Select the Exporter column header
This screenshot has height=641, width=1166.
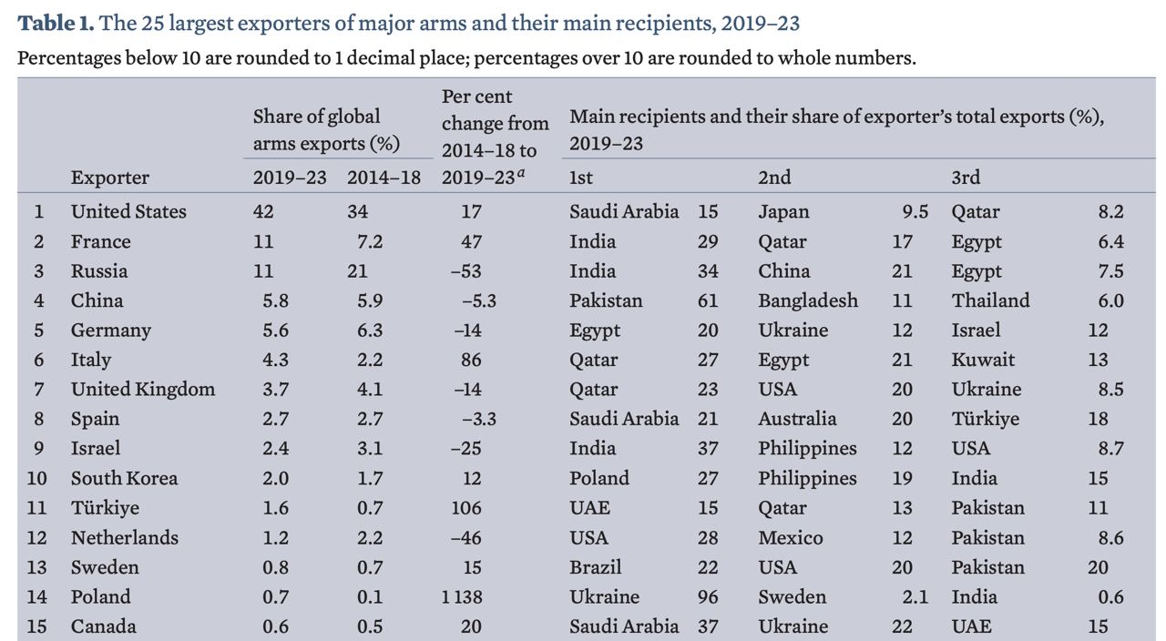tap(109, 178)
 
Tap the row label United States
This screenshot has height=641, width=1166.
tap(128, 211)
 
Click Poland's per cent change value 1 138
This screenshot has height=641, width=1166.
tap(462, 597)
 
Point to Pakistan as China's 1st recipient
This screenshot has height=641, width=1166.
tap(606, 300)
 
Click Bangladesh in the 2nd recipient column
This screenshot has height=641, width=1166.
tap(808, 300)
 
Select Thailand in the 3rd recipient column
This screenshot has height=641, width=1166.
tap(990, 300)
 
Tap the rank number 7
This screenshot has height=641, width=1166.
tap(38, 390)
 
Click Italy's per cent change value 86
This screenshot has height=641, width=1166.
tap(471, 360)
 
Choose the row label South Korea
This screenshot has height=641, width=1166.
tap(124, 478)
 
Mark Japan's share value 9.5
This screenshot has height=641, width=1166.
tap(915, 212)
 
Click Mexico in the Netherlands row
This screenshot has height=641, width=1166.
tap(790, 538)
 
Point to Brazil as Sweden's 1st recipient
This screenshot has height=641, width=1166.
tap(595, 567)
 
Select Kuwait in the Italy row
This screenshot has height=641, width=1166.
tap(983, 360)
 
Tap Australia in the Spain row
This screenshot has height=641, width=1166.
tap(797, 419)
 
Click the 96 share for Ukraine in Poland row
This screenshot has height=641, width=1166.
tap(707, 597)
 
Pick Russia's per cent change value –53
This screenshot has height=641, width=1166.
tap(467, 271)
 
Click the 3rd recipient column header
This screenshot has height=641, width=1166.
tap(966, 178)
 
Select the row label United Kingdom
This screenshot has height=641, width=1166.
tap(143, 390)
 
